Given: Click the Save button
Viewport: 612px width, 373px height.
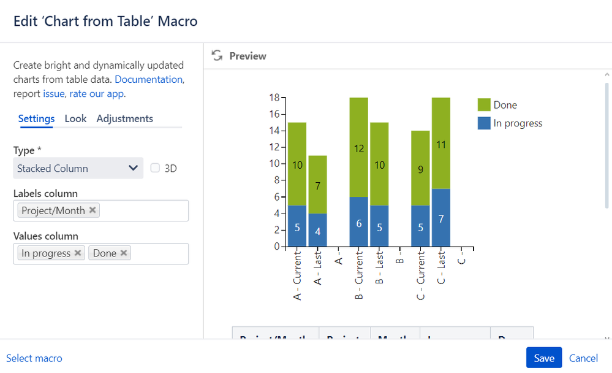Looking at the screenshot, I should point(543,358).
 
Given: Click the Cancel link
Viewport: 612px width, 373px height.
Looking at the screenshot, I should point(583,358).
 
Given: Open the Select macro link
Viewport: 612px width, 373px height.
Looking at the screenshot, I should point(34,358).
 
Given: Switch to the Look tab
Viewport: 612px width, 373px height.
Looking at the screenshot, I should point(75,118).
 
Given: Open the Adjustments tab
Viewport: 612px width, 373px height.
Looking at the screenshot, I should point(124,118).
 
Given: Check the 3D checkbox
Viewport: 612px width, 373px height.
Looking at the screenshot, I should point(156,168).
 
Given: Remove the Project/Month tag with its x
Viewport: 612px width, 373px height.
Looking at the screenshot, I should point(93,210).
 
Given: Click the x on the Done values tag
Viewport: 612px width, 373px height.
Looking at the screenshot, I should point(124,253).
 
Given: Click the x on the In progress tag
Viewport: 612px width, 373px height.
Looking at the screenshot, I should point(78,253).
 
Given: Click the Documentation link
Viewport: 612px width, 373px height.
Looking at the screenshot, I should point(148,80).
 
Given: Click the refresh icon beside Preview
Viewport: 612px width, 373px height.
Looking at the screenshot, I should point(217,56).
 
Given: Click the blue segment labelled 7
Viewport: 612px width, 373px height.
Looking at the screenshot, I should point(441,218).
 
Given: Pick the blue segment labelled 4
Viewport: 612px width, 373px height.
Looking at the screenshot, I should point(317,230).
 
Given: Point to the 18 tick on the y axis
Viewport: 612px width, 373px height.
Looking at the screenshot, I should point(274,98).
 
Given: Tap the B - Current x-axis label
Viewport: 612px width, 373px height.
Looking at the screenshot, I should point(359,275).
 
